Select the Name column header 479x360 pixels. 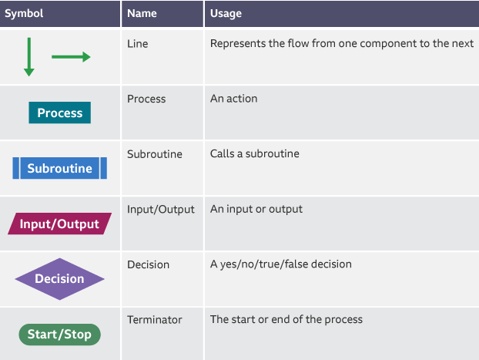click(x=142, y=14)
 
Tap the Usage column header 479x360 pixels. click(x=226, y=14)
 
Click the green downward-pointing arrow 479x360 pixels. click(x=29, y=56)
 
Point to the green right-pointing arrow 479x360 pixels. click(x=71, y=57)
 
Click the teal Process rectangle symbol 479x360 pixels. click(x=60, y=113)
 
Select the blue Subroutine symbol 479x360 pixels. click(x=60, y=168)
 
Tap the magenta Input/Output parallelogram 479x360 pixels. click(x=60, y=224)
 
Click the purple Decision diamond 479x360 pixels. click(x=60, y=279)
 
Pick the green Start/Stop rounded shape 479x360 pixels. click(x=60, y=335)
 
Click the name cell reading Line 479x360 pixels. click(x=138, y=44)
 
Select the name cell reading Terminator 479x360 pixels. click(x=155, y=319)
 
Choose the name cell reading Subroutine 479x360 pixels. click(x=155, y=154)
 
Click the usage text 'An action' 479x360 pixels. click(x=234, y=99)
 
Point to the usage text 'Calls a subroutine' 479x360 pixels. click(x=255, y=154)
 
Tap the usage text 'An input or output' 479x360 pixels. click(x=256, y=209)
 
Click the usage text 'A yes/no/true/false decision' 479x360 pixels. click(x=281, y=264)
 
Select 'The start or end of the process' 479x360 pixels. click(x=286, y=319)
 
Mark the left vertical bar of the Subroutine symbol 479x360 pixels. click(x=15, y=168)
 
